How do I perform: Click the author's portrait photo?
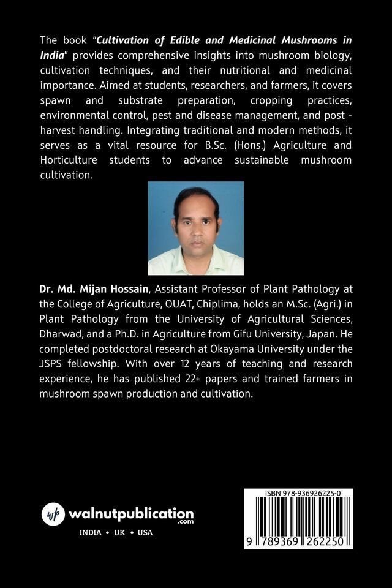(x=195, y=228)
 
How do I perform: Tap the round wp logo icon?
(x=53, y=514)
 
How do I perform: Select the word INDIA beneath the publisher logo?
(x=91, y=532)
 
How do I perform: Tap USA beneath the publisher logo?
(x=145, y=532)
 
